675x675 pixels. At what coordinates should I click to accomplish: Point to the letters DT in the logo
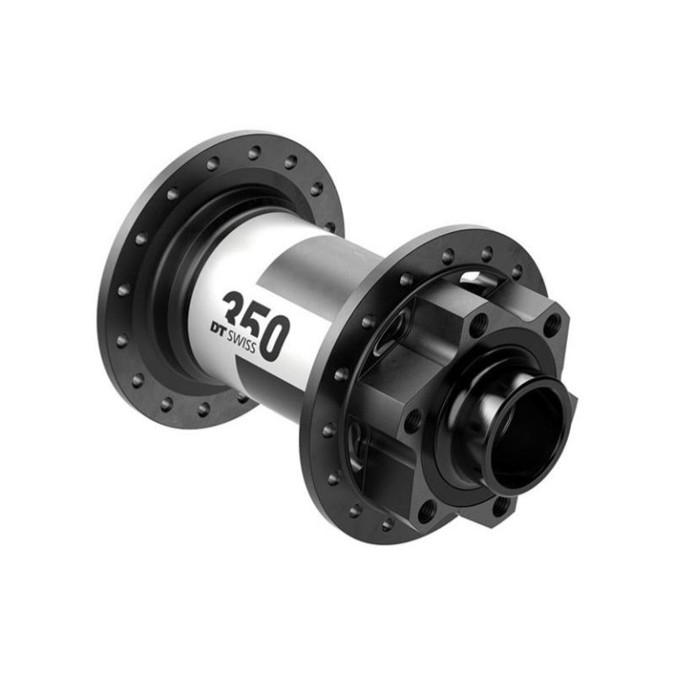[219, 328]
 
